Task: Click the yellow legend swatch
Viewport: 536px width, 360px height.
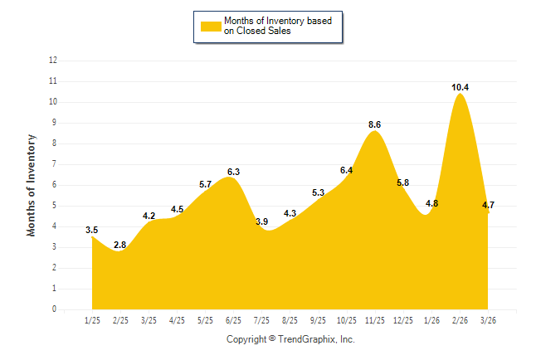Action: (x=211, y=26)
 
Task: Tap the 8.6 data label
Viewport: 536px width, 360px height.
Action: (x=375, y=124)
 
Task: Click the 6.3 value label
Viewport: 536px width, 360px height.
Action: (x=234, y=172)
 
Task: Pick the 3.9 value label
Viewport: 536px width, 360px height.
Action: (x=262, y=221)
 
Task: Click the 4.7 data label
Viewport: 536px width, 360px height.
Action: (x=489, y=204)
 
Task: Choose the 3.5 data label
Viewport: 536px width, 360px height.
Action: (x=92, y=230)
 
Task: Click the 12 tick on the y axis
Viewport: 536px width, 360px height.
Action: (x=53, y=61)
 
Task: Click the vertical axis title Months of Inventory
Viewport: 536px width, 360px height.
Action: (x=32, y=185)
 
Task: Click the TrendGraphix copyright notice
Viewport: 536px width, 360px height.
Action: (x=290, y=339)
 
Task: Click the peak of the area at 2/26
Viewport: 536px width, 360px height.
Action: (x=460, y=95)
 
